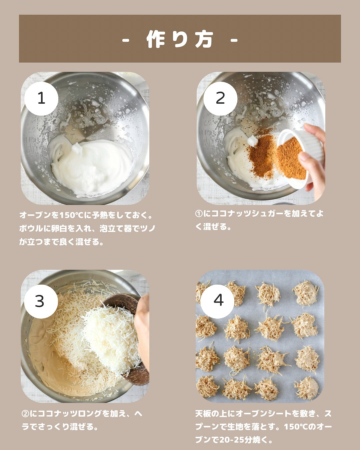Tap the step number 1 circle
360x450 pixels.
(41, 98)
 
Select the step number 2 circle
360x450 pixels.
(220, 98)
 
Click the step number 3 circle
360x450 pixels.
(41, 301)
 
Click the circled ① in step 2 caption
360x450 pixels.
(199, 213)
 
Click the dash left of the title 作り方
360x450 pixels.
(126, 40)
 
